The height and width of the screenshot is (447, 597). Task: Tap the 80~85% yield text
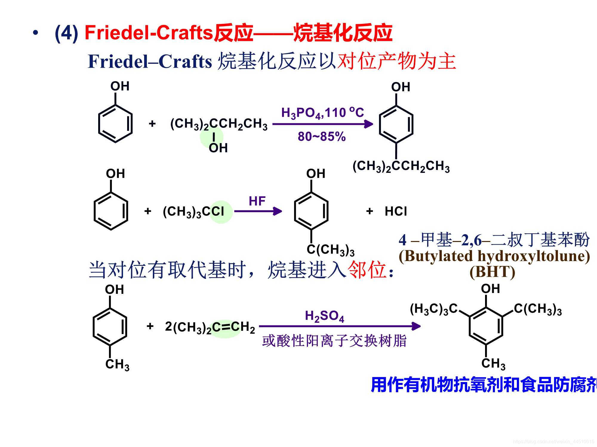(321, 137)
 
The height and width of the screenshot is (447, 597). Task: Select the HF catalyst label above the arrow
(257, 201)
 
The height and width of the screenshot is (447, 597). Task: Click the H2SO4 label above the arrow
(324, 316)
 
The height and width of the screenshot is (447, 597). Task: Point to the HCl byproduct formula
(396, 211)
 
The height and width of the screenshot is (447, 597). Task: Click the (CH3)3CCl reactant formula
(193, 212)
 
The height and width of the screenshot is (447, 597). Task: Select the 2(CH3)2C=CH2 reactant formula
(210, 327)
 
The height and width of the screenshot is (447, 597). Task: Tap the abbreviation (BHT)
(492, 272)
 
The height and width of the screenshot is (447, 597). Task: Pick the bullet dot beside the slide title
(36, 33)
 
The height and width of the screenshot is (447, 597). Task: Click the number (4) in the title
(66, 33)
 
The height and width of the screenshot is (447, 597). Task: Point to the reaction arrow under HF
(258, 211)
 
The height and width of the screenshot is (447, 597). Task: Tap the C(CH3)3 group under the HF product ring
(330, 250)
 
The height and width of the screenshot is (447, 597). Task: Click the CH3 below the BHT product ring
(493, 364)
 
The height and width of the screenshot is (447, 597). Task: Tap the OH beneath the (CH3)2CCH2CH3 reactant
(218, 148)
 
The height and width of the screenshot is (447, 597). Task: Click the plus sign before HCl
(370, 211)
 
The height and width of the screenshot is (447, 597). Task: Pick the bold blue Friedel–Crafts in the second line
(150, 62)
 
